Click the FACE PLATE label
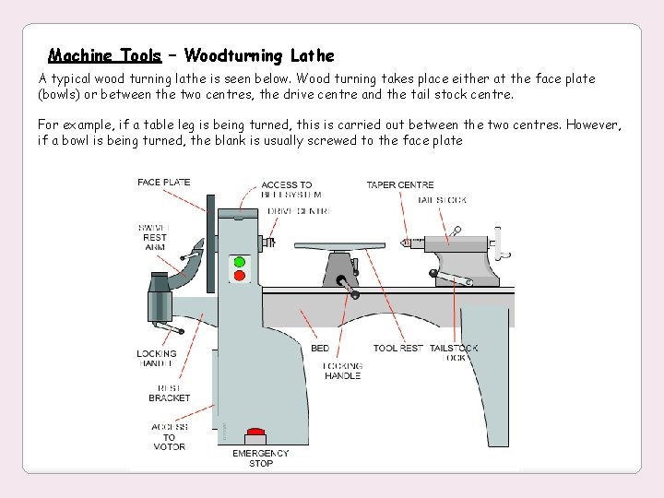coord(163,183)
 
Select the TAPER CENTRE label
coord(399,185)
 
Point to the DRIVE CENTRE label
coord(299,211)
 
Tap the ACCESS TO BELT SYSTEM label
coord(290,190)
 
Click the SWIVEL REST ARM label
coord(153,238)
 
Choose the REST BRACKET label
coord(169,393)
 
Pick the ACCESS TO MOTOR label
coord(169,437)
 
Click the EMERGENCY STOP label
coord(260,457)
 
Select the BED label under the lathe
coord(320,349)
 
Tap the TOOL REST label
coord(397,349)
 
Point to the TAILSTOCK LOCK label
coord(454,353)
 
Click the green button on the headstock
coord(240,261)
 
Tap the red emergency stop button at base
coord(255,431)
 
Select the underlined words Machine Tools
coord(104,55)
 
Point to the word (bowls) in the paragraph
coord(62,94)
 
